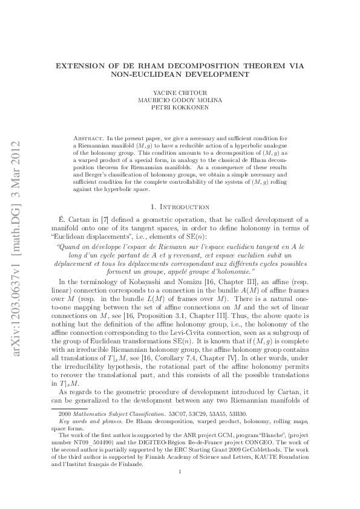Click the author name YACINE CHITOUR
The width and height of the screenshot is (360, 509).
point(180,93)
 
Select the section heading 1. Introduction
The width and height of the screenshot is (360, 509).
point(180,207)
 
